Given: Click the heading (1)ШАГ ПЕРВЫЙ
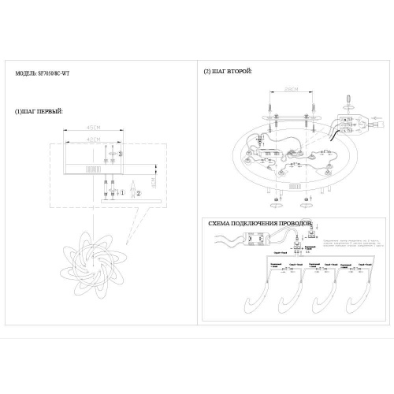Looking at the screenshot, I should [x=39, y=112].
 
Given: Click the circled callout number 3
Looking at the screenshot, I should [x=120, y=154].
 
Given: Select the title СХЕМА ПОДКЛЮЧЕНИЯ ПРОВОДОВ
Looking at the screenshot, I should [x=260, y=224].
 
